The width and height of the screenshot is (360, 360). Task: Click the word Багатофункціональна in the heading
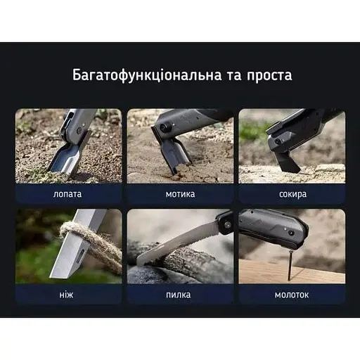tap(133, 75)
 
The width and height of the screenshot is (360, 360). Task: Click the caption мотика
tap(180, 193)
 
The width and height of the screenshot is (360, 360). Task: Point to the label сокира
tap(292, 193)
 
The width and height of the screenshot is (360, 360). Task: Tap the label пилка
tap(180, 294)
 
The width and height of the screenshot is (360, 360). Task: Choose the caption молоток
tap(292, 294)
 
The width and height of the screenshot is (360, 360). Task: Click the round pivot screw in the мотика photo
tap(164, 128)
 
